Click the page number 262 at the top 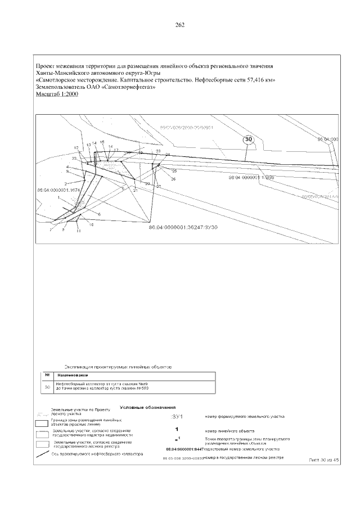pyautogui.click(x=180, y=25)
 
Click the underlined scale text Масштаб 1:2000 pyautogui.click(x=56, y=94)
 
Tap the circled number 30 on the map pyautogui.click(x=249, y=139)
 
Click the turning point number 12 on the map pyautogui.click(x=76, y=147)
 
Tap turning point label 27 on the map pyautogui.click(x=159, y=186)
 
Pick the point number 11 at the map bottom pyautogui.click(x=79, y=231)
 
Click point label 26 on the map pyautogui.click(x=173, y=179)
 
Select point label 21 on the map pyautogui.click(x=136, y=191)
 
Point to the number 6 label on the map pyautogui.click(x=99, y=215)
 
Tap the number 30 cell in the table pyautogui.click(x=47, y=386)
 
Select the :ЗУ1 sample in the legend pyautogui.click(x=177, y=416)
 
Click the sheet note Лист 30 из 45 pyautogui.click(x=325, y=460)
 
